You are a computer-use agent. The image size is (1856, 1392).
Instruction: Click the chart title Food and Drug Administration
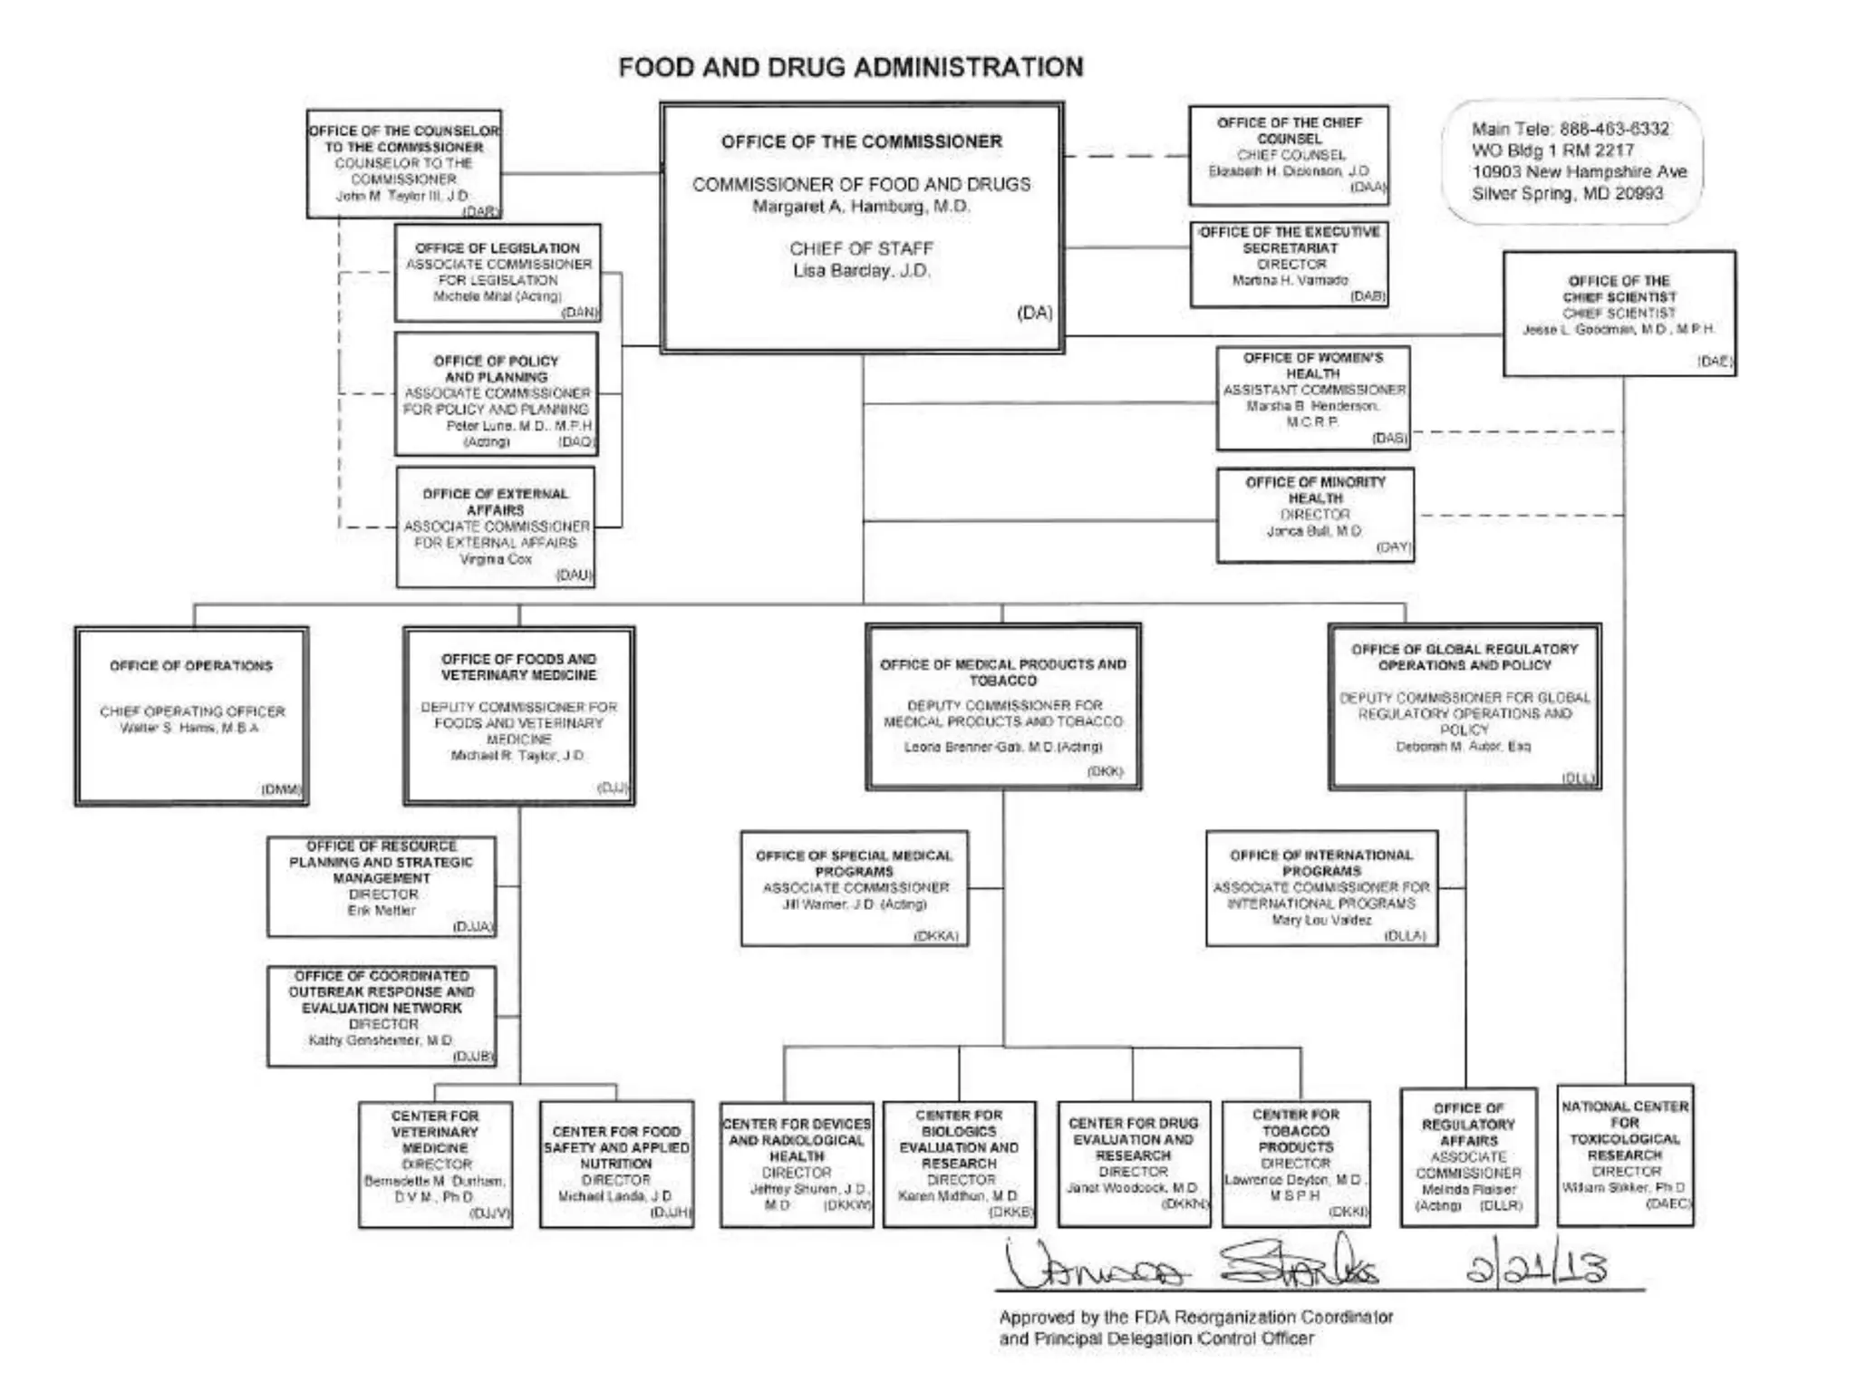pos(850,68)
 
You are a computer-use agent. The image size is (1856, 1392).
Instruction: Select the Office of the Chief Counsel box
pos(1289,155)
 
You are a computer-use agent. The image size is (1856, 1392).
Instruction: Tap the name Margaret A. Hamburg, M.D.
pos(861,207)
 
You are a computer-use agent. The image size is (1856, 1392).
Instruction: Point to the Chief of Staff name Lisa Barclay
pos(861,271)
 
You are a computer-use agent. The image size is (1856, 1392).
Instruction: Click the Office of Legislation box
pos(498,272)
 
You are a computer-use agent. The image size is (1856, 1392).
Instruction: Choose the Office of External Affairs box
pos(496,527)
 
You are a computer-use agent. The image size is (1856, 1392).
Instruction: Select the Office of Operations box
pos(192,715)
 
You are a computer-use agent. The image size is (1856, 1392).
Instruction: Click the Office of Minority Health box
pos(1315,515)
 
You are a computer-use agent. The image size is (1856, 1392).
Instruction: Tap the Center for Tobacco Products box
pos(1296,1164)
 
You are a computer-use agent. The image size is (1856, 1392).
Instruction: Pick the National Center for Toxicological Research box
pos(1625,1155)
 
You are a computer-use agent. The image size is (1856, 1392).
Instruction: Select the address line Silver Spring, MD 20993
pos(1567,193)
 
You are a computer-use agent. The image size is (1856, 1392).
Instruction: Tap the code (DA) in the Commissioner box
pos(1034,313)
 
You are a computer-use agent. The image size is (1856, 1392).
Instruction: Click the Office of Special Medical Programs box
pos(855,888)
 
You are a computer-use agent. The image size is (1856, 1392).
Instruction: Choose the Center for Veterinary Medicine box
pos(435,1164)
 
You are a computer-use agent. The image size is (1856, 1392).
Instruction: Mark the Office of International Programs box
pos(1321,888)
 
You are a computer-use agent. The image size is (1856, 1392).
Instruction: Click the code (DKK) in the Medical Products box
pos(1105,771)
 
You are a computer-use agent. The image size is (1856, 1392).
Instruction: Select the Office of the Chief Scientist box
pos(1619,313)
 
